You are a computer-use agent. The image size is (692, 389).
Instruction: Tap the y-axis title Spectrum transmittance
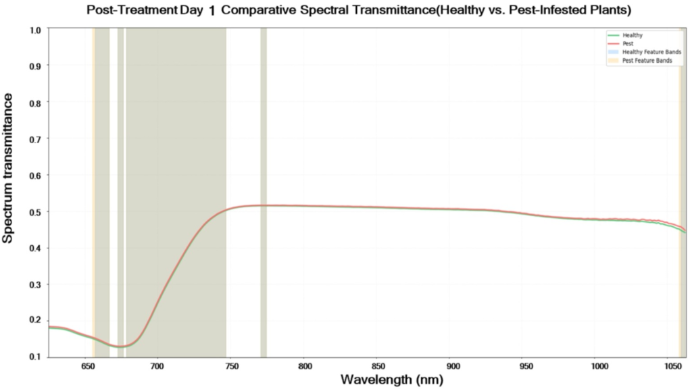point(9,168)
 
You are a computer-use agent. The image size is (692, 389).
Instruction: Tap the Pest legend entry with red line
point(628,43)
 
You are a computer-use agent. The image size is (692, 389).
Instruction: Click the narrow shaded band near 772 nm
point(264,135)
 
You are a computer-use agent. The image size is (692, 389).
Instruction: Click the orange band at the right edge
point(681,135)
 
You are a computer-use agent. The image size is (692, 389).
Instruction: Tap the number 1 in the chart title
point(214,12)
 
